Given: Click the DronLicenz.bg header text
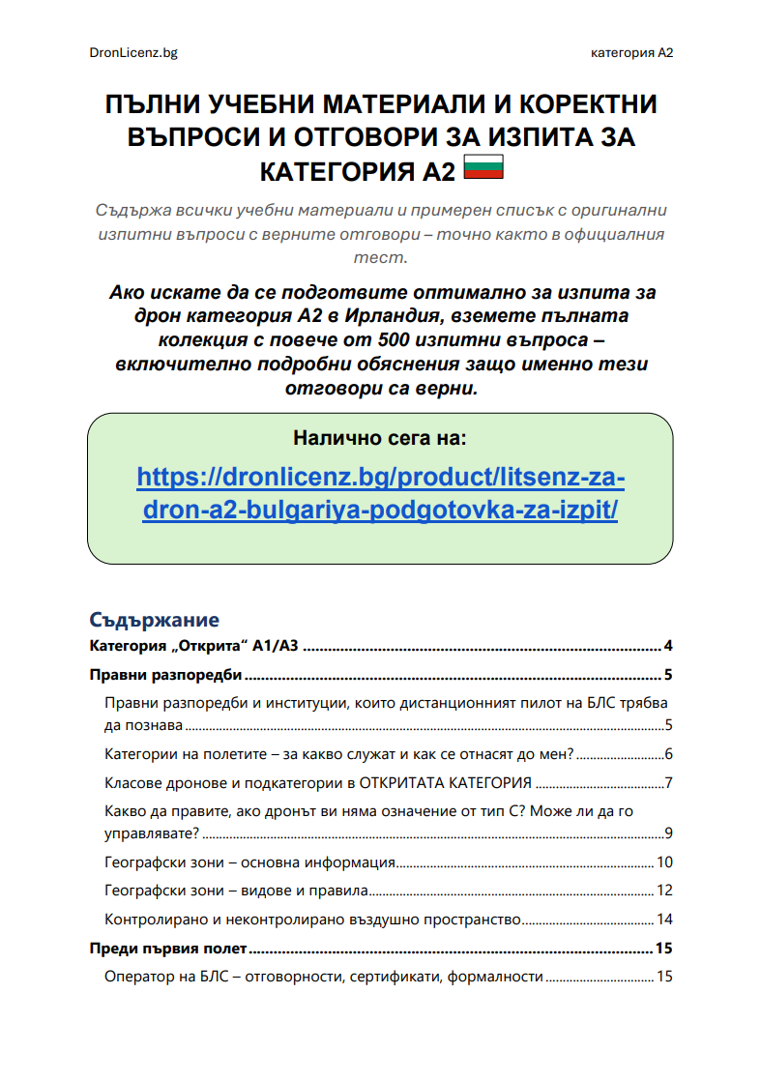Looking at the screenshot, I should [x=132, y=52].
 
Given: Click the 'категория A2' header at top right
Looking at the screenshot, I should [x=631, y=52].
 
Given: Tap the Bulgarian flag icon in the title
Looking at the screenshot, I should [x=483, y=168].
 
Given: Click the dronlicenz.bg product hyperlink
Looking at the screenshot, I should [x=380, y=493].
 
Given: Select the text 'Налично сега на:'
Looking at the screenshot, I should [x=380, y=438].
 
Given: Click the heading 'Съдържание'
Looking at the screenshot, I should [x=155, y=620].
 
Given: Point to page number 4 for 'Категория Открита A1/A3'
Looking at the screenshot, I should [x=667, y=647].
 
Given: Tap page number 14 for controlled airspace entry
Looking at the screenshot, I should [x=663, y=919].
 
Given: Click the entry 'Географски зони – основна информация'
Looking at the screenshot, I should [x=249, y=862].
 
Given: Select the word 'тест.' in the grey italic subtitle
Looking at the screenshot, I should [x=380, y=257].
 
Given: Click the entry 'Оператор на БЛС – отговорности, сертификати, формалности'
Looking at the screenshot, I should [x=323, y=977].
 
